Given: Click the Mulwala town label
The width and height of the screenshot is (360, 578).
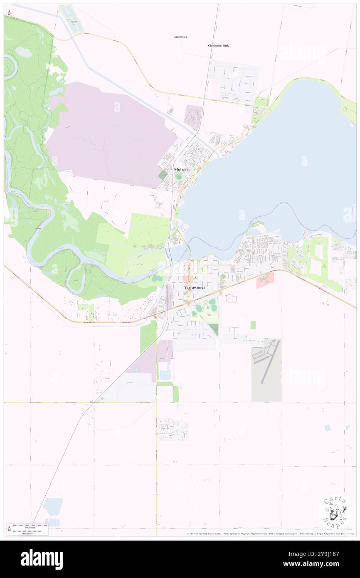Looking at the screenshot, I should pos(180,170).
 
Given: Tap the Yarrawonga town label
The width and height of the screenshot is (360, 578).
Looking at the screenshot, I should pos(194,287).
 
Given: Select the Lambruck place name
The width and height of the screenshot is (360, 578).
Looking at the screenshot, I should pos(180,37).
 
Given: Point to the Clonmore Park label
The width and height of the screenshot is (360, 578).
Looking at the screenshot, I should pos(218,46).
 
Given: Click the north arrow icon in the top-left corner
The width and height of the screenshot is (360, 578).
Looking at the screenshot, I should pos(9,12).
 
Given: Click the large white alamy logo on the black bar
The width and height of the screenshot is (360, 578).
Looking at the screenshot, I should pos(42,559).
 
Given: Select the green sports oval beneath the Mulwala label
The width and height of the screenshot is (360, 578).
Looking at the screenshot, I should pos(179,177).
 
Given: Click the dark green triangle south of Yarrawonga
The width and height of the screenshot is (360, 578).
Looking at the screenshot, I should pos(214,329).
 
